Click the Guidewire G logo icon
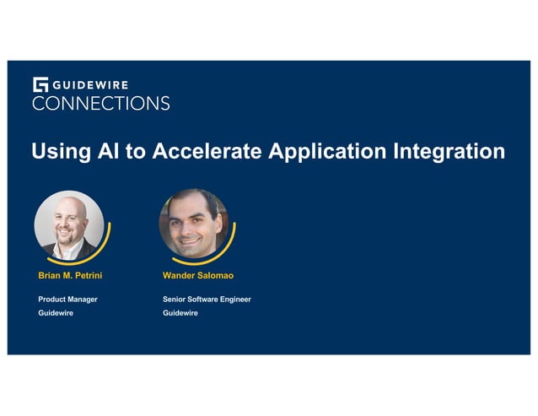40,84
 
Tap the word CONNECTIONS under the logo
101,104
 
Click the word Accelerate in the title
195,152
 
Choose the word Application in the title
328,152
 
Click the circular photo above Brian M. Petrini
68,223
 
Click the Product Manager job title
67,299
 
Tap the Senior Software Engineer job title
207,299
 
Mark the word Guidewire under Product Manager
56,313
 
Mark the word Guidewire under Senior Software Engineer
180,313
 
